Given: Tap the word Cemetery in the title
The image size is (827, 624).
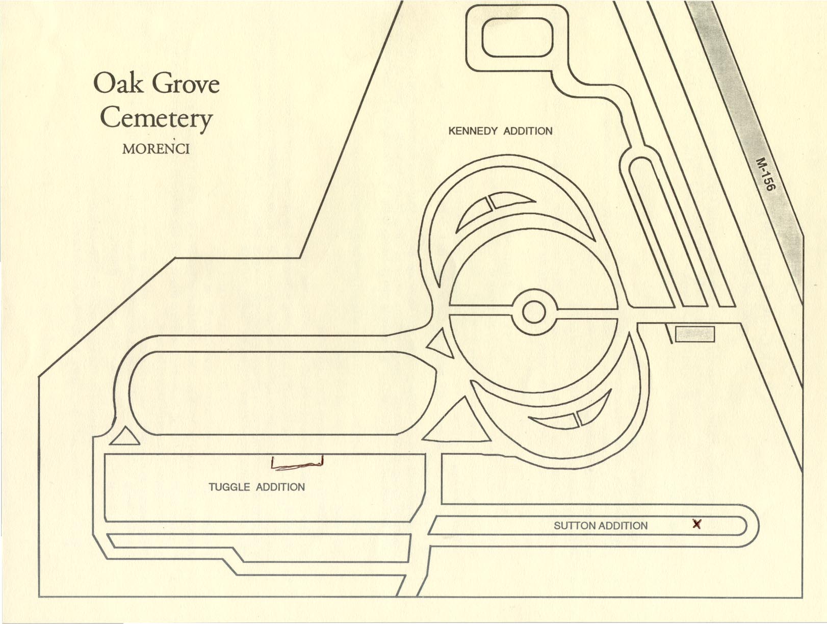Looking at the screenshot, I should (156, 118).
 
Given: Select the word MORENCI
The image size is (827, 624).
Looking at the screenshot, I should (156, 149).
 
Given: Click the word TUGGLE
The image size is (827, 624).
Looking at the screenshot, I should (229, 487).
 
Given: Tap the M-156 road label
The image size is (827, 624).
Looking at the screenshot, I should (765, 174).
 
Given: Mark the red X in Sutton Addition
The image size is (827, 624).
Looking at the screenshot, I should (697, 524).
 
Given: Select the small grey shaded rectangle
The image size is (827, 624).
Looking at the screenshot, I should (695, 334).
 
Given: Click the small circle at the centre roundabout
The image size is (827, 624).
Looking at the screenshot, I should (534, 312).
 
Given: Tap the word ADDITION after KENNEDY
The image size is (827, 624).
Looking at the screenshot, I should (528, 131).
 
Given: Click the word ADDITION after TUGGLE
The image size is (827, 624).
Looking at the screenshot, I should (280, 487).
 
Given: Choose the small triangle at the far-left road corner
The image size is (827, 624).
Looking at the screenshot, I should (124, 437).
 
